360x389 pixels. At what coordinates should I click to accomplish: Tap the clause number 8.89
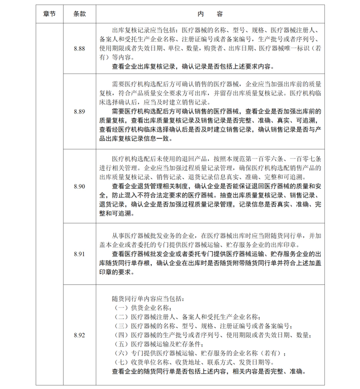(79, 112)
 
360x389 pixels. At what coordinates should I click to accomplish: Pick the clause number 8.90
(79, 185)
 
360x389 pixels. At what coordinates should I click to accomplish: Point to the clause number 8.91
(79, 254)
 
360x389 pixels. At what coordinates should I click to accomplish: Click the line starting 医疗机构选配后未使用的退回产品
(216, 158)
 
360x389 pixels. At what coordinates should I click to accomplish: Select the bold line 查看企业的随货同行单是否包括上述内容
(207, 372)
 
